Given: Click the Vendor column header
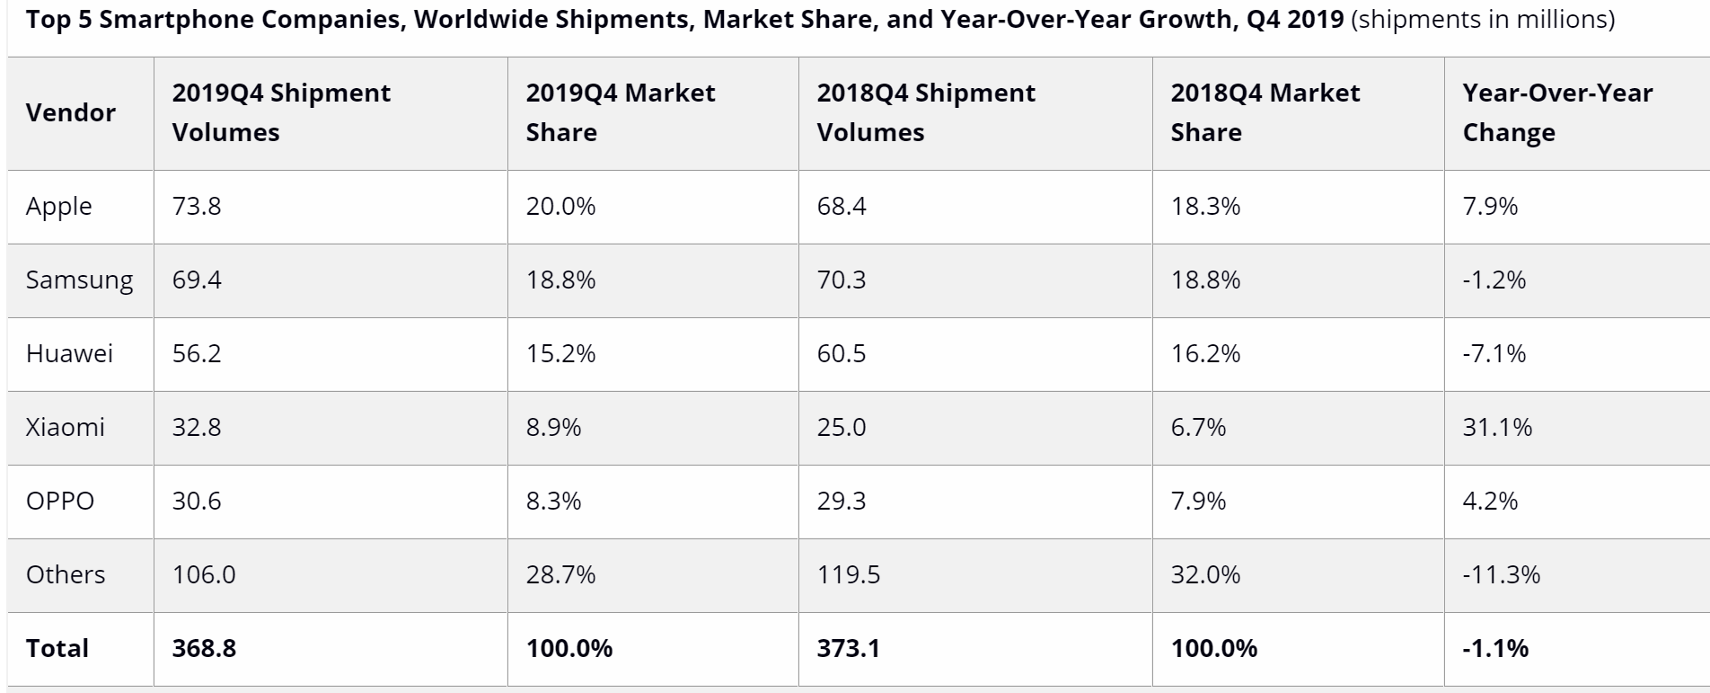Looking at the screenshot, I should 71,113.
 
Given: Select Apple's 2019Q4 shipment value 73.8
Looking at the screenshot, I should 197,207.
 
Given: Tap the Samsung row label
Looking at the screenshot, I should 79,280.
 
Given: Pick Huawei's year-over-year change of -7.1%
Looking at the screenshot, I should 1494,354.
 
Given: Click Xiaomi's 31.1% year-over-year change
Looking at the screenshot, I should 1497,428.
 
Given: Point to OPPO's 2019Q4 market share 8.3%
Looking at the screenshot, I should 553,502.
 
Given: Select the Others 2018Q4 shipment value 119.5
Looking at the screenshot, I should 848,575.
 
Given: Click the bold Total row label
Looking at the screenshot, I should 57,649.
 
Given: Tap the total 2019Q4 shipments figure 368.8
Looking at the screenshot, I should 204,649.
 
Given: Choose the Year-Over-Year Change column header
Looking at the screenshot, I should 1556,113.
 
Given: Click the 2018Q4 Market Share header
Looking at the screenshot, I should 1265,113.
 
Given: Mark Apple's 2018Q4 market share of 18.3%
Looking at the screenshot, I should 1205,207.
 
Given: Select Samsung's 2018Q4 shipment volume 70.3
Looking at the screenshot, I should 841,280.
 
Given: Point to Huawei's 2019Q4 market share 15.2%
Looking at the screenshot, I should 560,354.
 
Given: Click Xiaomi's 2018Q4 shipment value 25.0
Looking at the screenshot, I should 841,428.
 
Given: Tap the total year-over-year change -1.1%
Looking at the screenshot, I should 1495,649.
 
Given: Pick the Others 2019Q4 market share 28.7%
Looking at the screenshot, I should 560,575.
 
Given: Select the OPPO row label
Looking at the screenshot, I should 60,502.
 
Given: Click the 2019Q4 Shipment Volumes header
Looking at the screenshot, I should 281,113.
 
